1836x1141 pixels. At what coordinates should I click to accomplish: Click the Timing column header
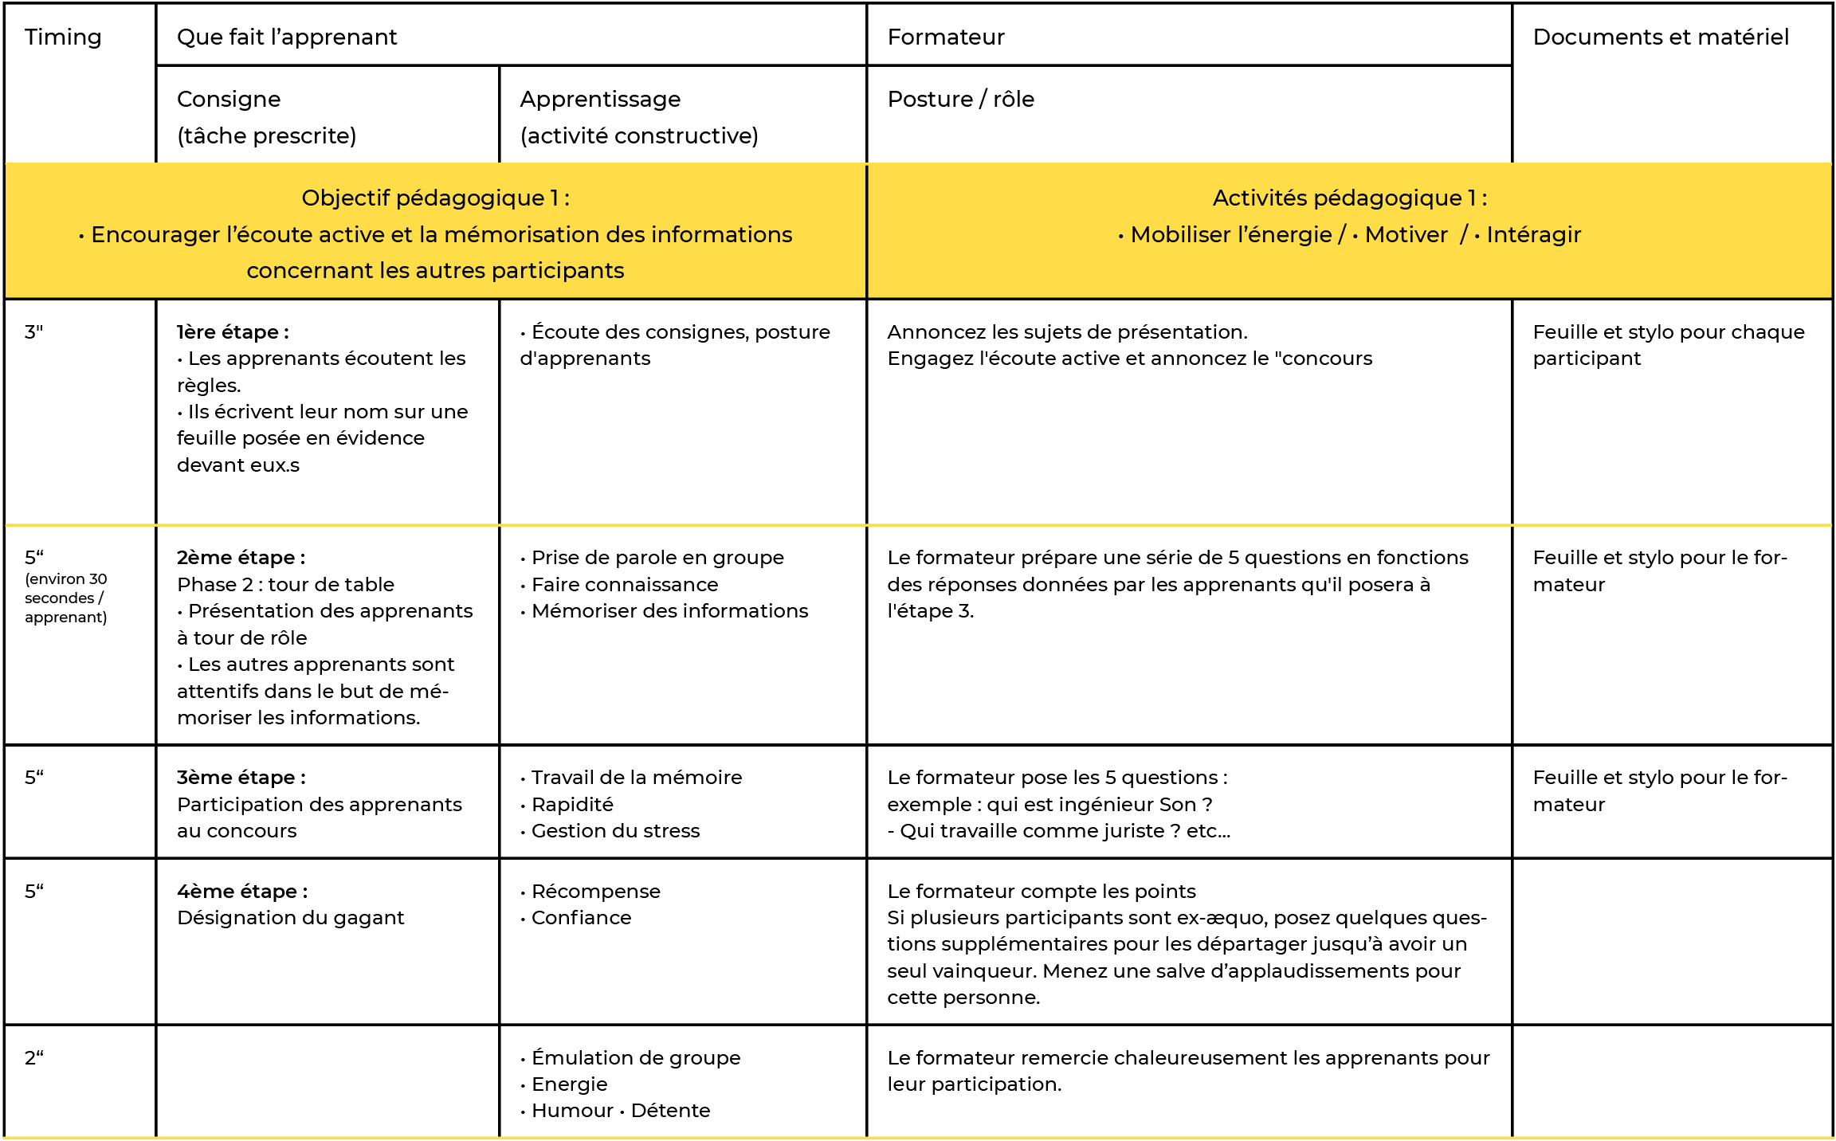[63, 37]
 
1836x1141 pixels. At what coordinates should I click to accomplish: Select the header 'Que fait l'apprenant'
[287, 37]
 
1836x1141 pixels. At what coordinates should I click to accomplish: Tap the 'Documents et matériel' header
[1661, 37]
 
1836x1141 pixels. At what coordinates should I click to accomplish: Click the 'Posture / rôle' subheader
[960, 100]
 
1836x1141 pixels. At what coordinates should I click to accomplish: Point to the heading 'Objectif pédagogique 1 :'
[435, 198]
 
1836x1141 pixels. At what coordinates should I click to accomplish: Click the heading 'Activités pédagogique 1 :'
[1349, 198]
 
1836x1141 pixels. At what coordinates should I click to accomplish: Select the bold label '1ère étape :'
[233, 332]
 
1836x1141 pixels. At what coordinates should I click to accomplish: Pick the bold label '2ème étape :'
[241, 558]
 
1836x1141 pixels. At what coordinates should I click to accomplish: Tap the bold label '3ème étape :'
[241, 778]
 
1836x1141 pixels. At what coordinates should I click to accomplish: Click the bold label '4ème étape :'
[242, 892]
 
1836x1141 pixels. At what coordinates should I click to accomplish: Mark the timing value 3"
[33, 332]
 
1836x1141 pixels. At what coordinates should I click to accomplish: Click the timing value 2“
[33, 1058]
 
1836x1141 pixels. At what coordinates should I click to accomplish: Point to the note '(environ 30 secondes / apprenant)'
[65, 598]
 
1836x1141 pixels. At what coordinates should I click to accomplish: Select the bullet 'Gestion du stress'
[615, 831]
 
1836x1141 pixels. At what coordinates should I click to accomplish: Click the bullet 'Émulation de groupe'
[636, 1058]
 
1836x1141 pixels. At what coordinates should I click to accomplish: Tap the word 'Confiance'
[581, 918]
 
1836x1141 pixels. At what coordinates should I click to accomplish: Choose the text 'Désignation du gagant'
[290, 918]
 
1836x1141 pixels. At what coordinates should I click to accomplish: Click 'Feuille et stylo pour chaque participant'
[1668, 345]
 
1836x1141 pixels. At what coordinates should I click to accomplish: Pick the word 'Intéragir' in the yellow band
[1533, 235]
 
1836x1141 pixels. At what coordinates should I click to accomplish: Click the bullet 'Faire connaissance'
[625, 585]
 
